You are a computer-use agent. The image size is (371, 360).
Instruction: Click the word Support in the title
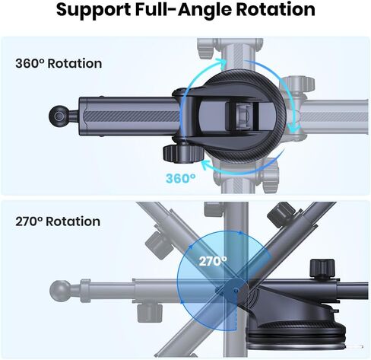coord(94,10)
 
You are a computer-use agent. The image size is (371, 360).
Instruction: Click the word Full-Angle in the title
coord(183,10)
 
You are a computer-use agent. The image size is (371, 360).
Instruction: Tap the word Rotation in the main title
coord(275,9)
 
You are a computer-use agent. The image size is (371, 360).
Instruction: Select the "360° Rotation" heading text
coord(59,63)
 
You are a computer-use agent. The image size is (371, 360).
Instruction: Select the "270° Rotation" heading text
coord(58,221)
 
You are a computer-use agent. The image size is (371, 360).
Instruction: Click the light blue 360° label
coord(181,178)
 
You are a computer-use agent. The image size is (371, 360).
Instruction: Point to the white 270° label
coord(213,261)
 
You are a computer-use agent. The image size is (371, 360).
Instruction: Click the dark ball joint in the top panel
coord(59,116)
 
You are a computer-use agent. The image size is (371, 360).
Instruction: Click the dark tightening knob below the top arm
coord(183,153)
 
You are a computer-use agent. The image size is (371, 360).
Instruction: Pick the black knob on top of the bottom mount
coord(322,269)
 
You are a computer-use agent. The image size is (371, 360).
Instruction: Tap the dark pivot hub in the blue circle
coord(236,290)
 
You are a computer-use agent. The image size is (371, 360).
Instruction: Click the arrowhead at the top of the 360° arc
coord(221,62)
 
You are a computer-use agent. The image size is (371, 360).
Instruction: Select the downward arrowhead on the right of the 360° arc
coord(293,128)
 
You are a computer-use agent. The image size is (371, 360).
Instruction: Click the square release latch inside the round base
coord(243,116)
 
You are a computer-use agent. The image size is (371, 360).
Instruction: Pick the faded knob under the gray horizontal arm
coord(150,313)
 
